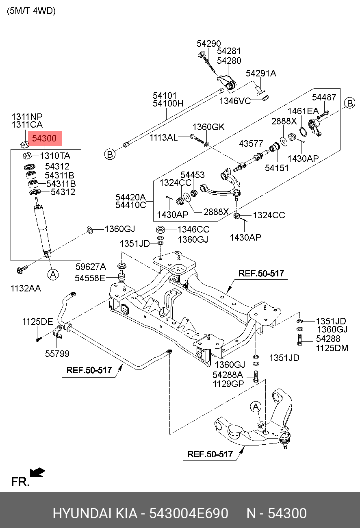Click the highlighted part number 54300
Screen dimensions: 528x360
pos(44,139)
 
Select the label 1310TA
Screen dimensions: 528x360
pos(55,156)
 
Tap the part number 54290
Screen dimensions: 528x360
pos(209,43)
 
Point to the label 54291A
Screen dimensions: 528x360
pos(261,74)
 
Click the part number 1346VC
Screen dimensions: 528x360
pos(235,101)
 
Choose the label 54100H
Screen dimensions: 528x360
pos(168,104)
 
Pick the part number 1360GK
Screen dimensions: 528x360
pos(208,127)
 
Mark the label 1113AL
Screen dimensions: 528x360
pos(163,137)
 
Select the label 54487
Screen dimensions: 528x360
pos(324,97)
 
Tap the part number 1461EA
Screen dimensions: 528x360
pos(303,111)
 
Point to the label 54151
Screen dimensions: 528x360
pos(277,167)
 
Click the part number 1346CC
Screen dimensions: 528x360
pos(193,230)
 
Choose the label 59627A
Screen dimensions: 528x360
pos(91,267)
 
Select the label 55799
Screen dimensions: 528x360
pos(57,354)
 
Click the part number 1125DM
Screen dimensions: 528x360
pos(332,348)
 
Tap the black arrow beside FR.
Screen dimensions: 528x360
pos(38,472)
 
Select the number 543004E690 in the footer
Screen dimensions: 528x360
pos(189,514)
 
